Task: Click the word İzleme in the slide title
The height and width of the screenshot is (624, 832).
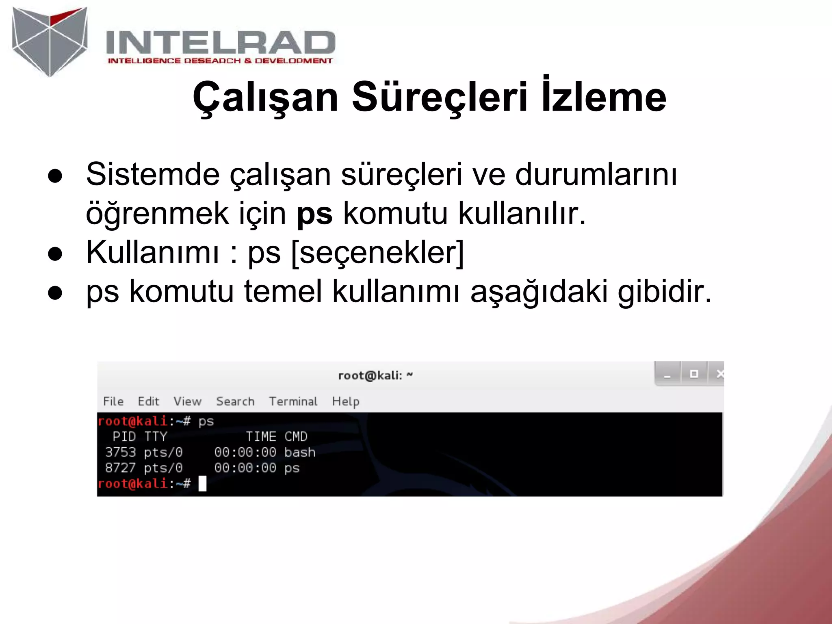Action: tap(604, 97)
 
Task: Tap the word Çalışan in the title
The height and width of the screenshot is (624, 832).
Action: tap(265, 97)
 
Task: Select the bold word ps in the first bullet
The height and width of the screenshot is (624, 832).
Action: tap(314, 213)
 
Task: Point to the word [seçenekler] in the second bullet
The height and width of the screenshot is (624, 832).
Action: tap(377, 253)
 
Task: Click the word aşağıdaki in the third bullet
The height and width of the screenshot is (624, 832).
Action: tap(539, 292)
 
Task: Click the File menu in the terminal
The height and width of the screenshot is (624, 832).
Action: tap(113, 401)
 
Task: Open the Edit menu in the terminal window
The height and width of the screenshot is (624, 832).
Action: tap(148, 401)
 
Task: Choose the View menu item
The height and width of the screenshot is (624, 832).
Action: tap(187, 401)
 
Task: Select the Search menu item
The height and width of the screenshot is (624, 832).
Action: tap(235, 401)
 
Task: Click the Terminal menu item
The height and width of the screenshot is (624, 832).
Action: tap(293, 401)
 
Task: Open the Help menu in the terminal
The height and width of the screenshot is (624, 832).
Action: tap(345, 401)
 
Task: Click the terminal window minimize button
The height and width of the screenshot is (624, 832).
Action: tap(667, 374)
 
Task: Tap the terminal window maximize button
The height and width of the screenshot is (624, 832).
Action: tap(694, 374)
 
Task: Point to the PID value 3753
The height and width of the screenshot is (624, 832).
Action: tap(120, 452)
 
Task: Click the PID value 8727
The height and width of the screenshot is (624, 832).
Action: tap(120, 468)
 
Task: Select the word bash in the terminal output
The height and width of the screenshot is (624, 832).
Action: tap(300, 452)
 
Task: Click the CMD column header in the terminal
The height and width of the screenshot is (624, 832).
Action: tap(296, 437)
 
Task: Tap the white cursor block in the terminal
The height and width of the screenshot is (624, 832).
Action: tap(202, 484)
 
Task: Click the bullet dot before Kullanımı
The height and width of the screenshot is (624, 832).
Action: tap(55, 254)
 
